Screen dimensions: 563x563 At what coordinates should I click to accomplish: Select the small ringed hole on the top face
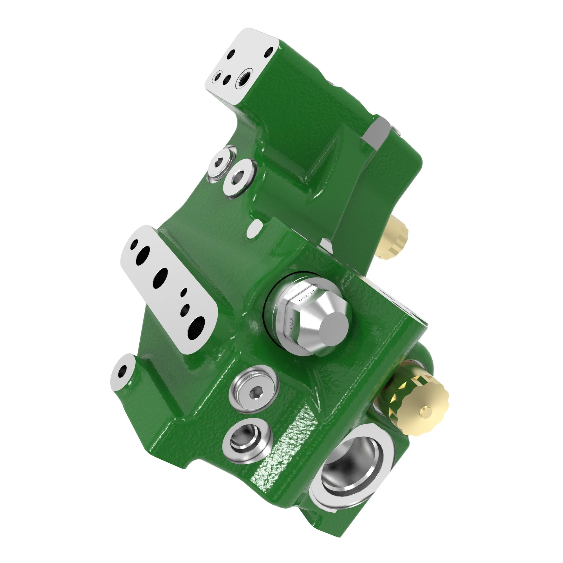(217, 77)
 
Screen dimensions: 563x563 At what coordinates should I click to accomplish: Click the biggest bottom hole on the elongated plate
(196, 327)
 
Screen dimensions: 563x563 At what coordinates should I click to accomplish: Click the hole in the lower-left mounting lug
(123, 371)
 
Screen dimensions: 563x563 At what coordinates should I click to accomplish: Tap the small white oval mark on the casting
(254, 228)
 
